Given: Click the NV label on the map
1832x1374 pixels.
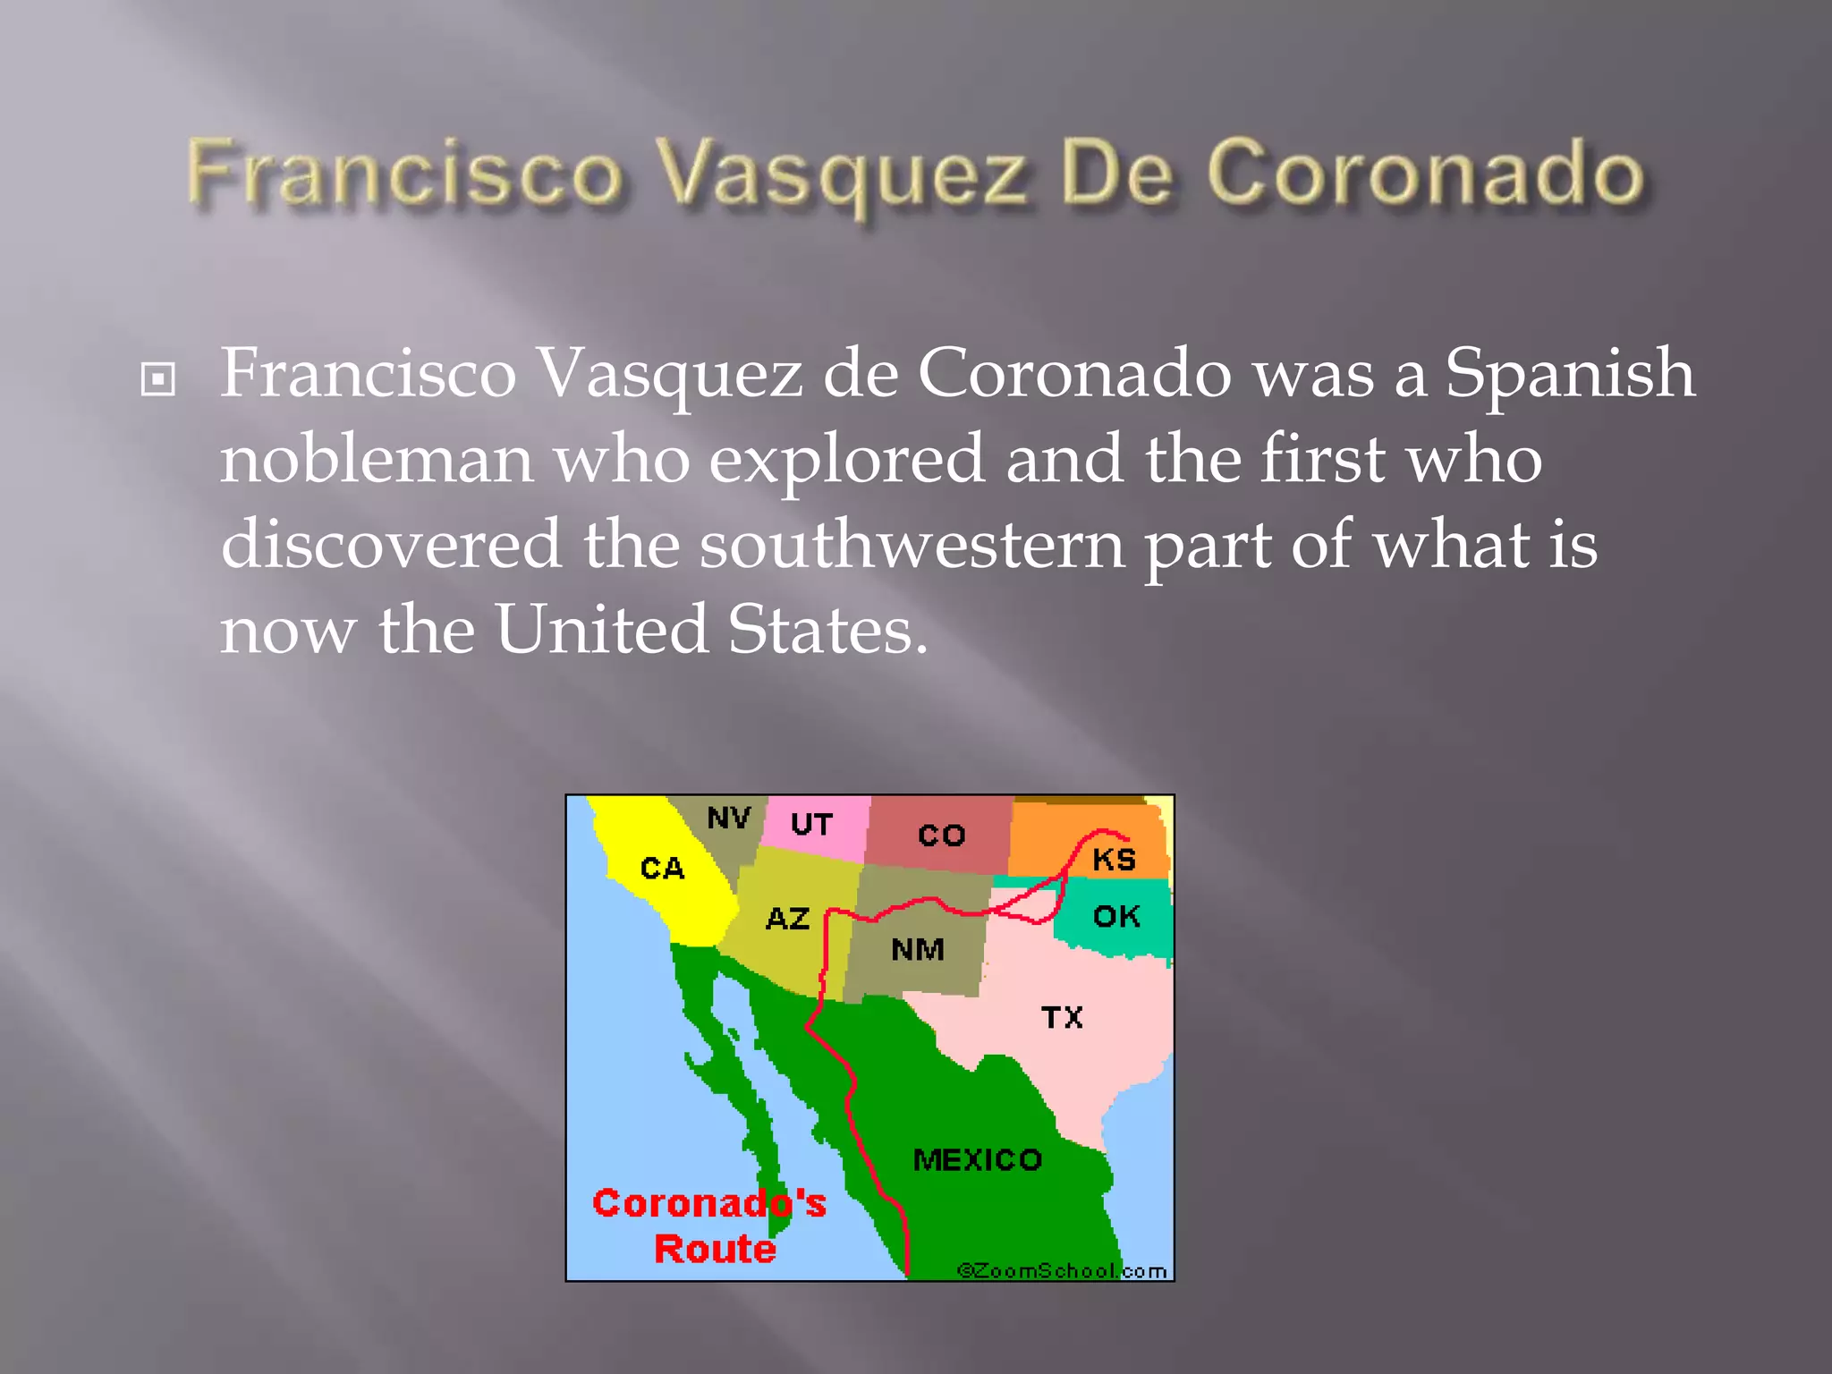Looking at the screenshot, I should click(x=728, y=818).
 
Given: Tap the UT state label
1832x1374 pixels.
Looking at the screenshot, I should click(x=811, y=824).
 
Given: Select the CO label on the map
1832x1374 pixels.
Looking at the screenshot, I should click(x=941, y=835).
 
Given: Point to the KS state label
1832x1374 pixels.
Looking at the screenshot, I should click(x=1114, y=860).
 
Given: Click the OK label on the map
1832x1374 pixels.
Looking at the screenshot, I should click(x=1115, y=916).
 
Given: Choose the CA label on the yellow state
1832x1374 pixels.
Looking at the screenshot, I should click(x=662, y=868).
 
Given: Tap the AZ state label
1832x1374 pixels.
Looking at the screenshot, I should click(x=787, y=919).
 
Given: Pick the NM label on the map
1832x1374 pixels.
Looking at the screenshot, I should click(x=917, y=949).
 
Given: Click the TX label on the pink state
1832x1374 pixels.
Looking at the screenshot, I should click(x=1062, y=1017).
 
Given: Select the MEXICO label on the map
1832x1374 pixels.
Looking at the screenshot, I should click(x=977, y=1160).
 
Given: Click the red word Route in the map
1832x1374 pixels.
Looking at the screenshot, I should click(x=715, y=1249).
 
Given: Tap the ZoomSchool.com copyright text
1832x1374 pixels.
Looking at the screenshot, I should click(x=1062, y=1271).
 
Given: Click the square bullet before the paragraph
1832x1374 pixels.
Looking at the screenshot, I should click(x=158, y=380).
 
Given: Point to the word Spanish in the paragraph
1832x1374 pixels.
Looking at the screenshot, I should click(x=1570, y=373).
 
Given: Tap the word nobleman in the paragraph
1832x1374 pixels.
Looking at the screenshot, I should click(x=377, y=459).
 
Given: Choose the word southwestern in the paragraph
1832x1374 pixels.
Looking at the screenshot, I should click(x=912, y=545).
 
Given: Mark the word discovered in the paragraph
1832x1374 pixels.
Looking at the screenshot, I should click(x=391, y=545).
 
